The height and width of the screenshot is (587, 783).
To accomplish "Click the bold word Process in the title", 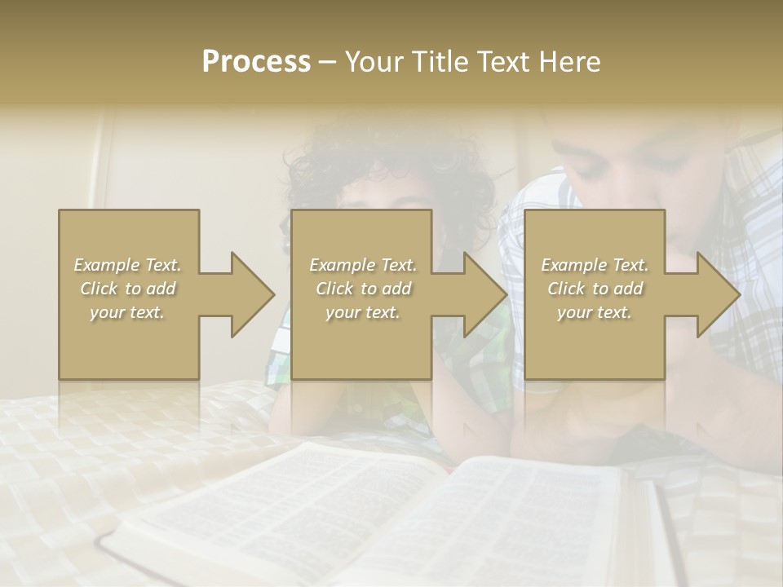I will click(256, 62).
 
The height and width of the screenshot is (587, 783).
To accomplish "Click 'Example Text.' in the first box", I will click(127, 265).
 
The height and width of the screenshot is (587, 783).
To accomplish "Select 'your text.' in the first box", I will click(127, 312).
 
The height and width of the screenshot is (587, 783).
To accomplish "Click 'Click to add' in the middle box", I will click(363, 289).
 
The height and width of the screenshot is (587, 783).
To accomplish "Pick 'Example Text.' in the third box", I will click(595, 265).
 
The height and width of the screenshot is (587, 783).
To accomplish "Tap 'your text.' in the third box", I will click(595, 312).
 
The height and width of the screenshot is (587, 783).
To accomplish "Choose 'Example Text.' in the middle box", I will click(363, 265).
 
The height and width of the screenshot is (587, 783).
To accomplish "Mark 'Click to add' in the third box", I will click(595, 289).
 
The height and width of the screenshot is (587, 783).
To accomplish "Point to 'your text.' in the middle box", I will click(363, 312).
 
